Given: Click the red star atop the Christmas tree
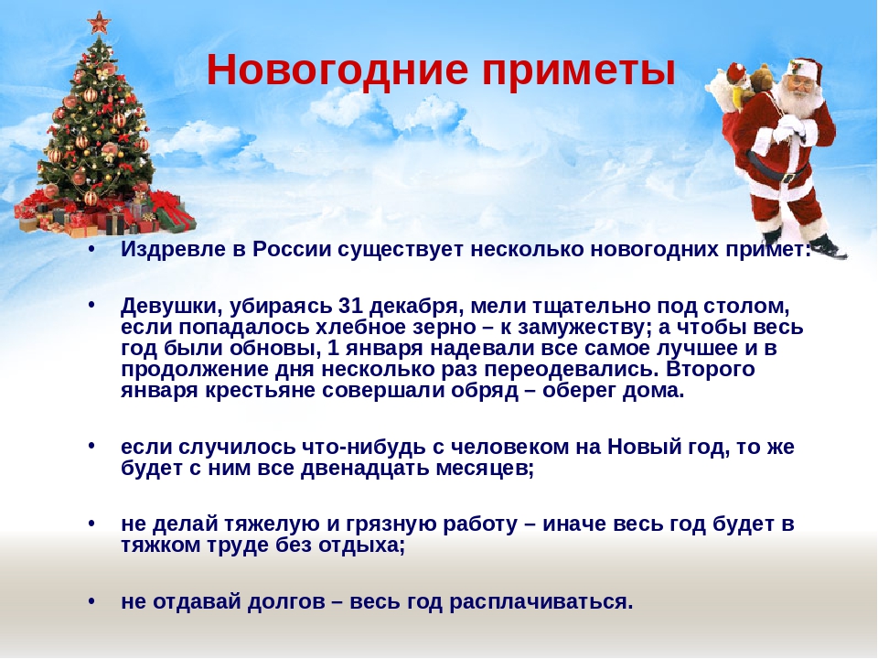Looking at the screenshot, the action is click(99, 23).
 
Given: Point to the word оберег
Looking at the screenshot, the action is click(579, 391).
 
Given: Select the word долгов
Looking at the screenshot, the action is click(286, 602).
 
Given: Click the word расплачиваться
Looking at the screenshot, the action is click(541, 602).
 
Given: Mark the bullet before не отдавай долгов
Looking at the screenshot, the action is click(91, 601).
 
